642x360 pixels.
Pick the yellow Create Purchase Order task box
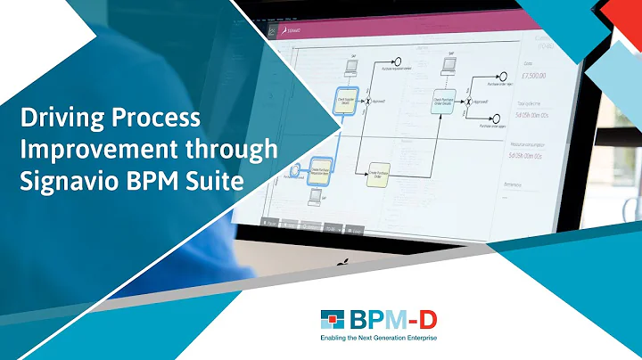coord(380,175)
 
